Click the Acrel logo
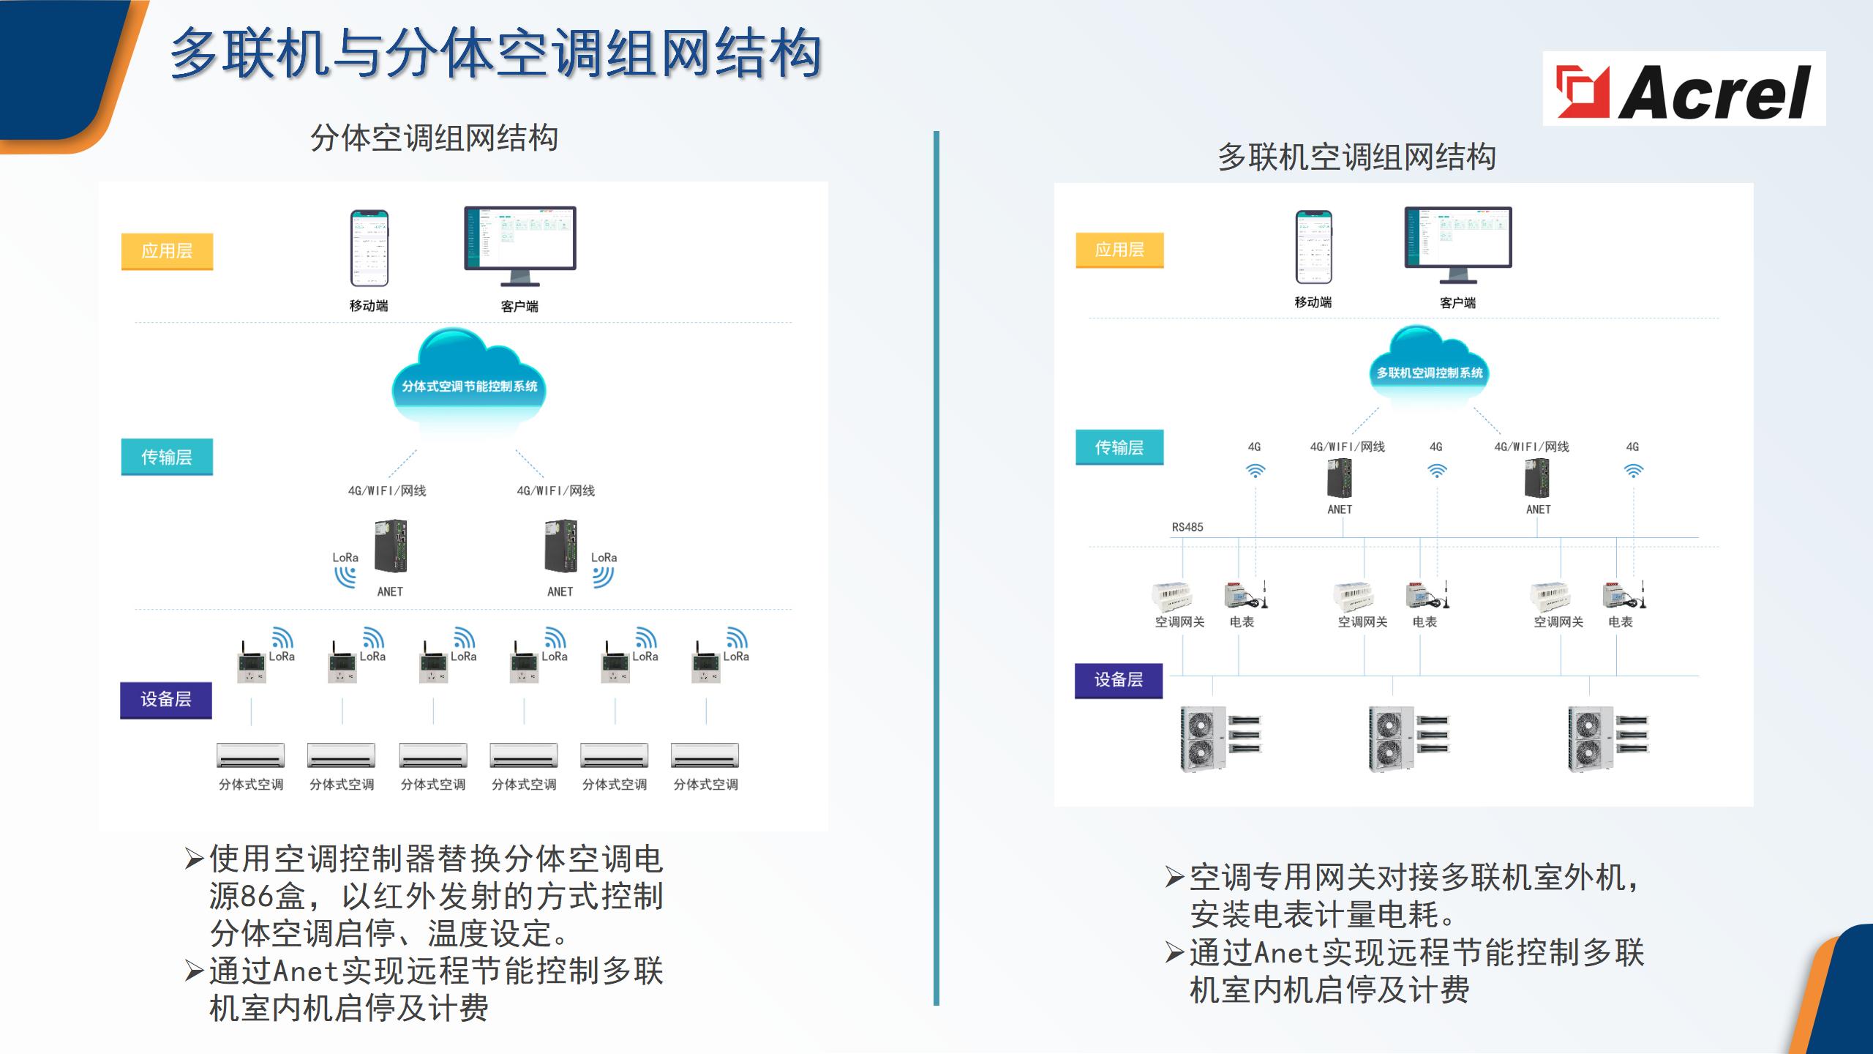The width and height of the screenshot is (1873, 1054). click(x=1684, y=89)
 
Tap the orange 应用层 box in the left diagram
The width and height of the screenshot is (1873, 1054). click(x=167, y=251)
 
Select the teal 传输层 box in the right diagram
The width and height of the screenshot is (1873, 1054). click(x=1119, y=447)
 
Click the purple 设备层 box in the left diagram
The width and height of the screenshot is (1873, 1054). click(x=166, y=700)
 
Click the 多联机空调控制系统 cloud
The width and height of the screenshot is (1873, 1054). click(x=1429, y=370)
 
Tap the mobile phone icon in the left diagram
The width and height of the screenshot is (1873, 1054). click(x=369, y=248)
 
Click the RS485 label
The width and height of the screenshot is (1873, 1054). click(x=1187, y=527)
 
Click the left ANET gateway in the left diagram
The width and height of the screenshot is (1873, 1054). click(x=391, y=546)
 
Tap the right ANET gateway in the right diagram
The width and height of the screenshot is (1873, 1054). click(x=1537, y=477)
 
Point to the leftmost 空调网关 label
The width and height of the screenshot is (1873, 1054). click(x=1179, y=622)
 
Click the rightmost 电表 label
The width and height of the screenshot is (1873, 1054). click(x=1620, y=622)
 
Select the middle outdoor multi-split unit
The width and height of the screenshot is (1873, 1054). click(x=1408, y=738)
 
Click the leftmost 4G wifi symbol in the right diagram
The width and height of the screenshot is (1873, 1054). click(x=1255, y=470)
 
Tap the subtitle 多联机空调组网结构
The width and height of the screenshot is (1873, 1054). click(x=1356, y=157)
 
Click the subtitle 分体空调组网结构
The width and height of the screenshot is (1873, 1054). click(x=434, y=138)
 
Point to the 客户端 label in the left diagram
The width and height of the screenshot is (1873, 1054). click(x=519, y=307)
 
